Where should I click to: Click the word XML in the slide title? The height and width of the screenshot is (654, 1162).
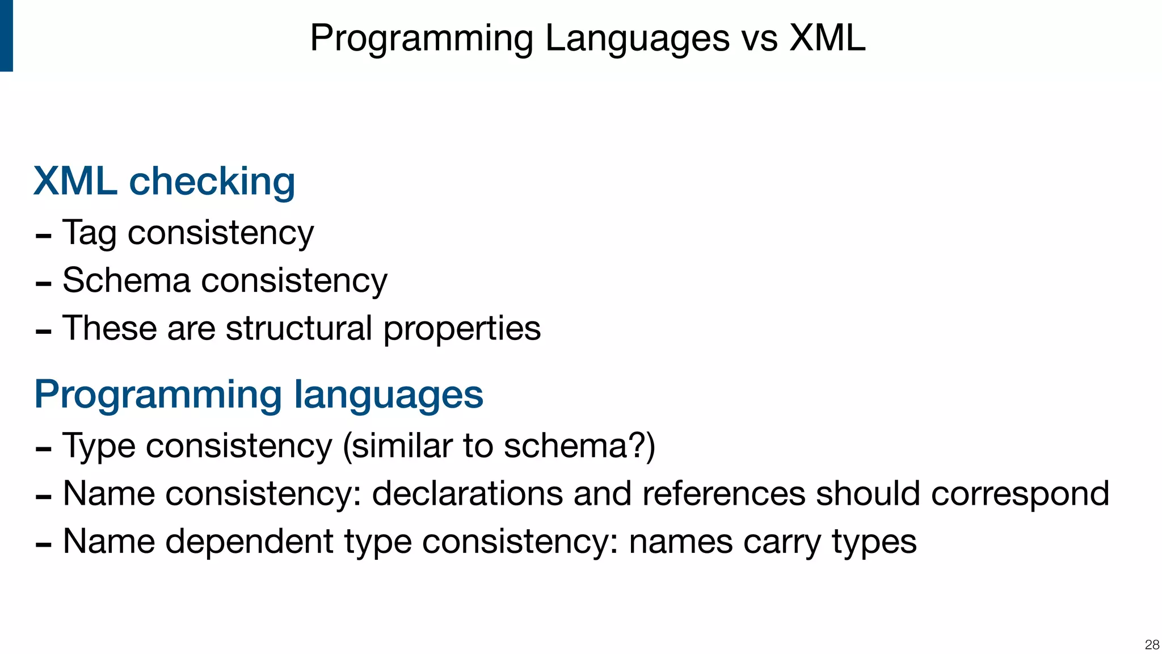(828, 39)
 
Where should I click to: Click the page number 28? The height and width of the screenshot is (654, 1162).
(1152, 644)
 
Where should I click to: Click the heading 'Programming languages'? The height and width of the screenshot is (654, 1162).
(258, 394)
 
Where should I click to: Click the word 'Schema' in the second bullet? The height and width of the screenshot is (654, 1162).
(126, 280)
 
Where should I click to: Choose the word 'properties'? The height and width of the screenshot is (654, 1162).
(462, 329)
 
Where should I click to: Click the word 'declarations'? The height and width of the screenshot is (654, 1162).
(467, 493)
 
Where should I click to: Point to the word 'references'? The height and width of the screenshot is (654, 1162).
(723, 493)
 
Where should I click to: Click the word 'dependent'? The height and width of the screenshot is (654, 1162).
(249, 541)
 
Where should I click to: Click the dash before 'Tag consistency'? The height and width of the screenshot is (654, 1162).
(44, 236)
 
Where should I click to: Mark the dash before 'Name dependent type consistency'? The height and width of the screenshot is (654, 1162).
(44, 544)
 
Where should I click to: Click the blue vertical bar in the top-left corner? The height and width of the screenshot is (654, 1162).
(6, 35)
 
